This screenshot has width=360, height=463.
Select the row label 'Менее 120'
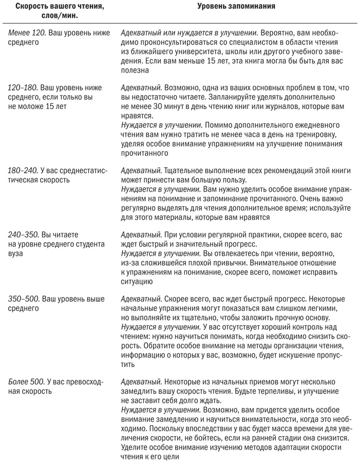coord(26,34)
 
